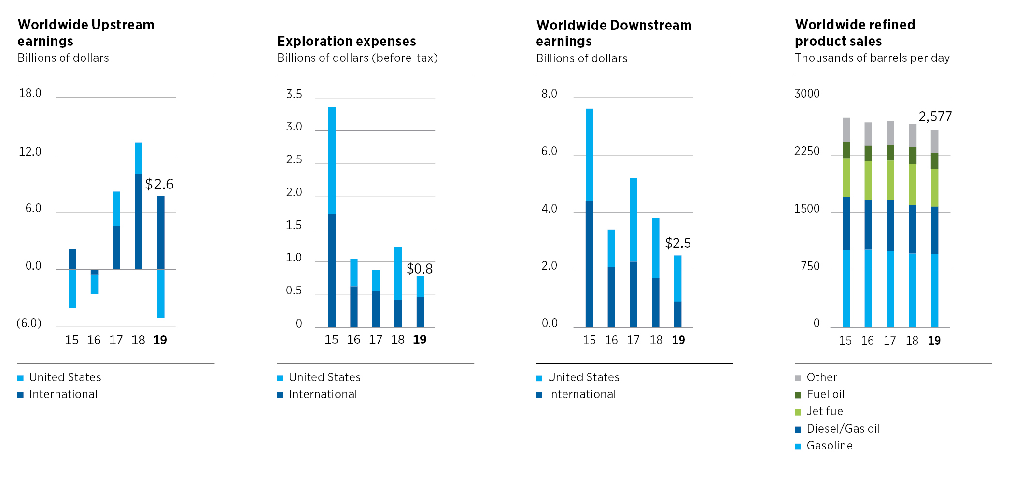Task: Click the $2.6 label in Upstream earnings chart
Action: (159, 184)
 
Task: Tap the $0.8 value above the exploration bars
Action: (420, 269)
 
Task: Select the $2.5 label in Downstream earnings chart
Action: (678, 243)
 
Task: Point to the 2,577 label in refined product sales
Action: (935, 116)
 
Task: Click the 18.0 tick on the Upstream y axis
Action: (30, 93)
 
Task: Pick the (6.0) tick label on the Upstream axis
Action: (29, 323)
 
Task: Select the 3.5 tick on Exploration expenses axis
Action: (294, 94)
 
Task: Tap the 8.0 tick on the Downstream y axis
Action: (549, 94)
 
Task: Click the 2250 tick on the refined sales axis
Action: (807, 151)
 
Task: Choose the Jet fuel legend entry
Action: (826, 411)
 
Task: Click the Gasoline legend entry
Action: (829, 446)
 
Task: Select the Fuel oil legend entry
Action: (825, 394)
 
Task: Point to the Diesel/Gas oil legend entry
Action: (843, 429)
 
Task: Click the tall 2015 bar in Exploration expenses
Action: (332, 217)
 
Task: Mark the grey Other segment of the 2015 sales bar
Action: (846, 130)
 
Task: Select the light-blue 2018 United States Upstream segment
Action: (139, 158)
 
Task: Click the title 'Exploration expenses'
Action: (346, 41)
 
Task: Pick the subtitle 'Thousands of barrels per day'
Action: (872, 58)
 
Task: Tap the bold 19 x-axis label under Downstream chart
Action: (678, 340)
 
